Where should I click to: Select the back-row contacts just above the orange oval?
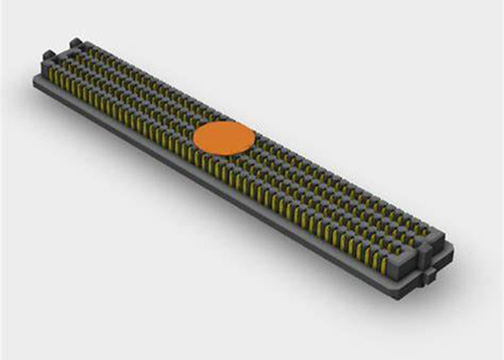pyautogui.click(x=236, y=116)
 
